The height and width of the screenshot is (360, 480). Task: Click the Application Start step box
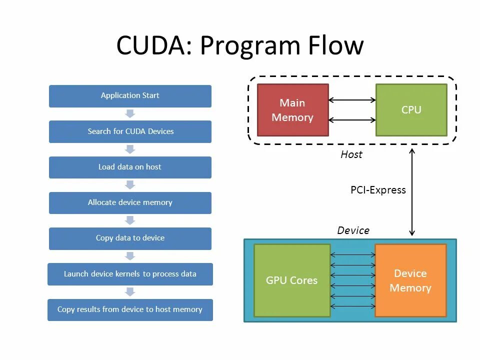pos(130,96)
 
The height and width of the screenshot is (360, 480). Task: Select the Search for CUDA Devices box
pos(130,131)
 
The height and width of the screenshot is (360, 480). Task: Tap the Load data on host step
pos(130,167)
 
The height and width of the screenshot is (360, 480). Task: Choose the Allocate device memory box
pos(130,203)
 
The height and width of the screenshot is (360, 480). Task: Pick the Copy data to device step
pos(130,238)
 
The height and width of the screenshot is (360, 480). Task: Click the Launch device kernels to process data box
pos(130,274)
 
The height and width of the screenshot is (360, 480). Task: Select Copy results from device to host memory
pos(130,310)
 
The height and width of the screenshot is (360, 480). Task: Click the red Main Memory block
pos(293,110)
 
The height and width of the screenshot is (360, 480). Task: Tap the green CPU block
pos(411,110)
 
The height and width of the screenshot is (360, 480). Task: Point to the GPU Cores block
pos(292,280)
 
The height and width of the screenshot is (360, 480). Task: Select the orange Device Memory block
pos(410,280)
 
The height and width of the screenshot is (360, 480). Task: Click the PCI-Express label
pos(378,190)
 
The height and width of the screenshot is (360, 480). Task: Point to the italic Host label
pos(351,154)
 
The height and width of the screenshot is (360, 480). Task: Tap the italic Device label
pos(353,230)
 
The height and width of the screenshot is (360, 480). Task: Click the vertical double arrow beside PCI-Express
pos(412,192)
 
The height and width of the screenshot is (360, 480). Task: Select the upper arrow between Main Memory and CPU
pos(352,100)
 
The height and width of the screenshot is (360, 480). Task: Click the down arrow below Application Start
pos(130,113)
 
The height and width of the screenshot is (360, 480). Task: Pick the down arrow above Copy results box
pos(130,291)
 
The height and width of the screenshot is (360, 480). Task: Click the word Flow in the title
pos(336,45)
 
